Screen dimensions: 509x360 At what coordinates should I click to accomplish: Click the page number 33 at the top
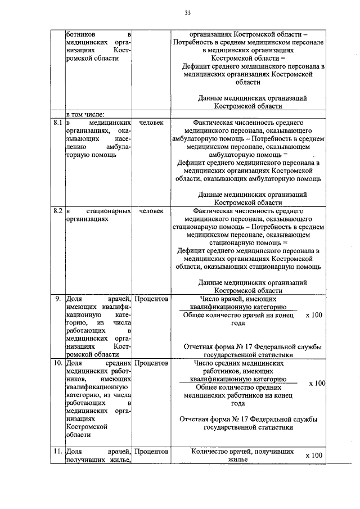coord(187,13)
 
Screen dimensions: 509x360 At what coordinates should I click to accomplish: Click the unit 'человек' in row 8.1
coord(151,122)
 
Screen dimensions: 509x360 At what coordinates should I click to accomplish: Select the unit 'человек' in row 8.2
coord(151,211)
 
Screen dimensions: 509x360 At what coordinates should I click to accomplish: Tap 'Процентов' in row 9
coord(151,299)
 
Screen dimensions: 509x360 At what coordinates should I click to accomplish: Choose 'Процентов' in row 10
coord(151,363)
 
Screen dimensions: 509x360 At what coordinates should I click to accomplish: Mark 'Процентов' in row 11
coord(151,452)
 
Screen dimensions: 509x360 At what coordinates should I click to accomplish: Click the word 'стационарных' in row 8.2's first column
coord(109,211)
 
